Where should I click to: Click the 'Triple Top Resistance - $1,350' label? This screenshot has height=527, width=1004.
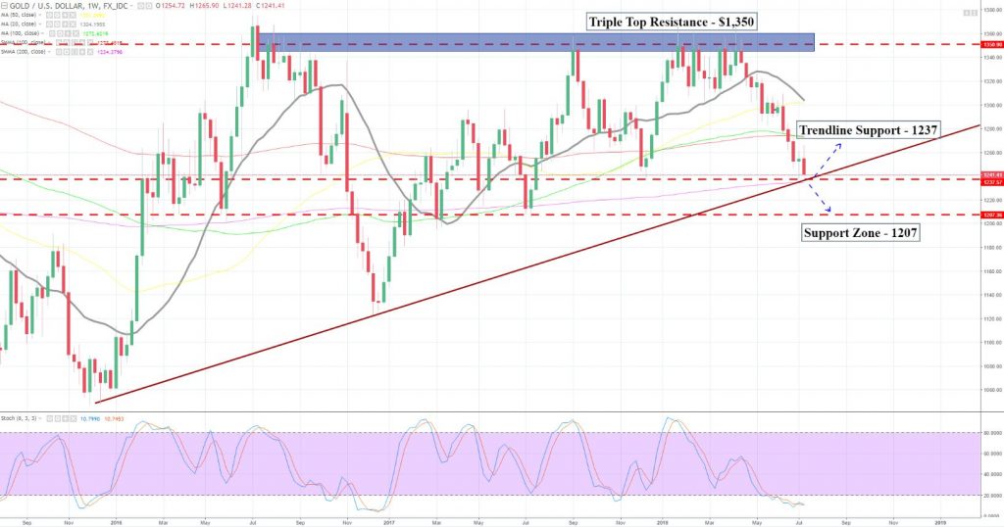(x=673, y=21)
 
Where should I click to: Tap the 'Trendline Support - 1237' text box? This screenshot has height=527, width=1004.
(x=869, y=129)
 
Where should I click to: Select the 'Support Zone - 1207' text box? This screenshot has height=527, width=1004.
(x=859, y=233)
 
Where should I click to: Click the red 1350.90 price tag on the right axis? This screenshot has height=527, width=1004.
(x=990, y=45)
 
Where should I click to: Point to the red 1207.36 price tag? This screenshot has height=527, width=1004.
(x=990, y=215)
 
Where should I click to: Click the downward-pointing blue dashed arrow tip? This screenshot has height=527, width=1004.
(x=829, y=211)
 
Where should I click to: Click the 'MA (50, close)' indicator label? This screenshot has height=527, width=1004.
(x=21, y=16)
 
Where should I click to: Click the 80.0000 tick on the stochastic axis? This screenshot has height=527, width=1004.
(x=990, y=433)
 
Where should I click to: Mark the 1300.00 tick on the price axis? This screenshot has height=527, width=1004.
(x=990, y=105)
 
